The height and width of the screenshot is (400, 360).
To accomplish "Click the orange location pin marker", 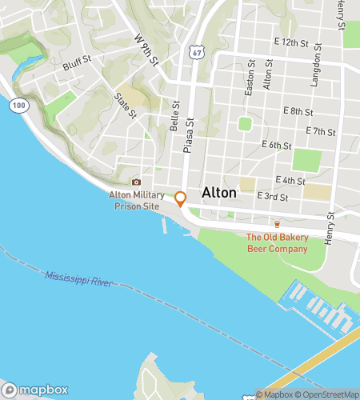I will click(x=181, y=198).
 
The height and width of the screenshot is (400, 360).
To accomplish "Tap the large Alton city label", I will click(x=219, y=193).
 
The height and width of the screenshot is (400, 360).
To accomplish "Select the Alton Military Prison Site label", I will click(x=134, y=200).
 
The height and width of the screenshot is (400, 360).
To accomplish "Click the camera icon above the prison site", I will click(x=135, y=182).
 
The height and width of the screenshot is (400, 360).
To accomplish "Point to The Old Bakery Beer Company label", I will click(x=276, y=243).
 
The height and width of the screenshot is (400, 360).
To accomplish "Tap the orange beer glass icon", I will click(x=277, y=224).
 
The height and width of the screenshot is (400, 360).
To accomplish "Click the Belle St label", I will click(x=174, y=121).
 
